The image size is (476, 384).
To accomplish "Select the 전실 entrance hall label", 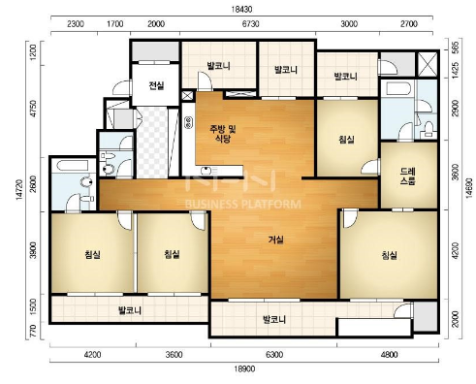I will (156, 86).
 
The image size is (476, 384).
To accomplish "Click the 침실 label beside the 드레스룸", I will (346, 140).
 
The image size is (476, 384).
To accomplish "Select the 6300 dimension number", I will (273, 355).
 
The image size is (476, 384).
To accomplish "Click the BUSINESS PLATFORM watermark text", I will (241, 205).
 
